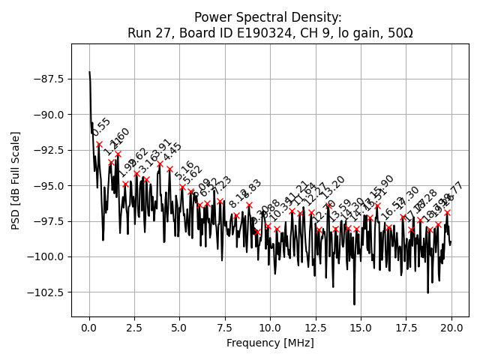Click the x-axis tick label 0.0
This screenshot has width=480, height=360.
click(x=89, y=328)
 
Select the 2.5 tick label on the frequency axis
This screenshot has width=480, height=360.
click(x=134, y=328)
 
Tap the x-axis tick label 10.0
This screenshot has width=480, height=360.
click(x=270, y=328)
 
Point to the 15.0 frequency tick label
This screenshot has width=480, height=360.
click(x=361, y=328)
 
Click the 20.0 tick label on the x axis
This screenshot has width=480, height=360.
click(x=451, y=328)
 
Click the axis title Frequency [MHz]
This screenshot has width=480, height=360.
click(x=270, y=343)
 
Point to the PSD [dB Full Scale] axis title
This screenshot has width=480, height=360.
click(x=16, y=180)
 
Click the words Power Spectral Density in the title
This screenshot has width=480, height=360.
click(x=268, y=17)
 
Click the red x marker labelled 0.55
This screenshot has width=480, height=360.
click(x=99, y=144)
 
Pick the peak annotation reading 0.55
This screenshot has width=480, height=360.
click(x=101, y=127)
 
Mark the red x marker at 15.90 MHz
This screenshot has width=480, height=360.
click(x=377, y=205)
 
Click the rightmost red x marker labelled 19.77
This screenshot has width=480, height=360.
click(x=447, y=212)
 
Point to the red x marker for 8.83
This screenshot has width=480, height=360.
click(x=249, y=205)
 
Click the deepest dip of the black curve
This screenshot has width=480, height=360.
click(x=355, y=304)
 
